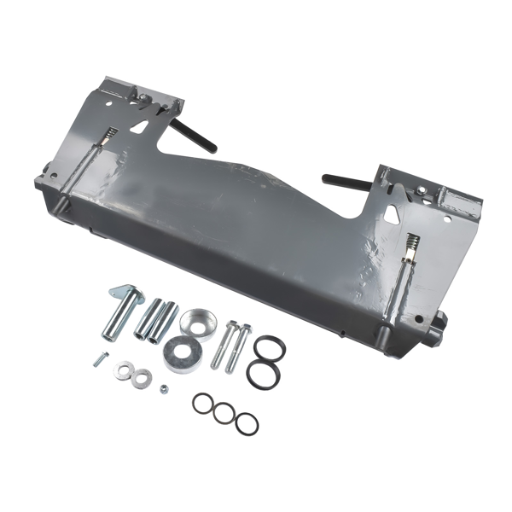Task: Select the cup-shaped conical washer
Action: (198, 323)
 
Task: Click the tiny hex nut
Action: (165, 389)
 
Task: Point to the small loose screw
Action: (99, 359)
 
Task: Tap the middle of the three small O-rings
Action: (224, 413)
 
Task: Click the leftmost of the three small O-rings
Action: (203, 403)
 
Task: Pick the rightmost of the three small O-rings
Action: (246, 422)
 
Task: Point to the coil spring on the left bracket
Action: (109, 136)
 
